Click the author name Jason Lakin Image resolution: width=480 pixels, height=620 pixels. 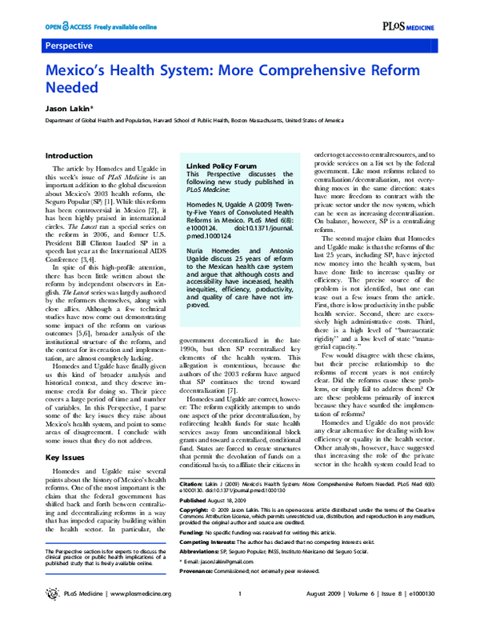[67, 107]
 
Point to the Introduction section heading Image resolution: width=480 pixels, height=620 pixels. [69, 155]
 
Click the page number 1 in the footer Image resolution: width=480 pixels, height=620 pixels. [240, 594]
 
